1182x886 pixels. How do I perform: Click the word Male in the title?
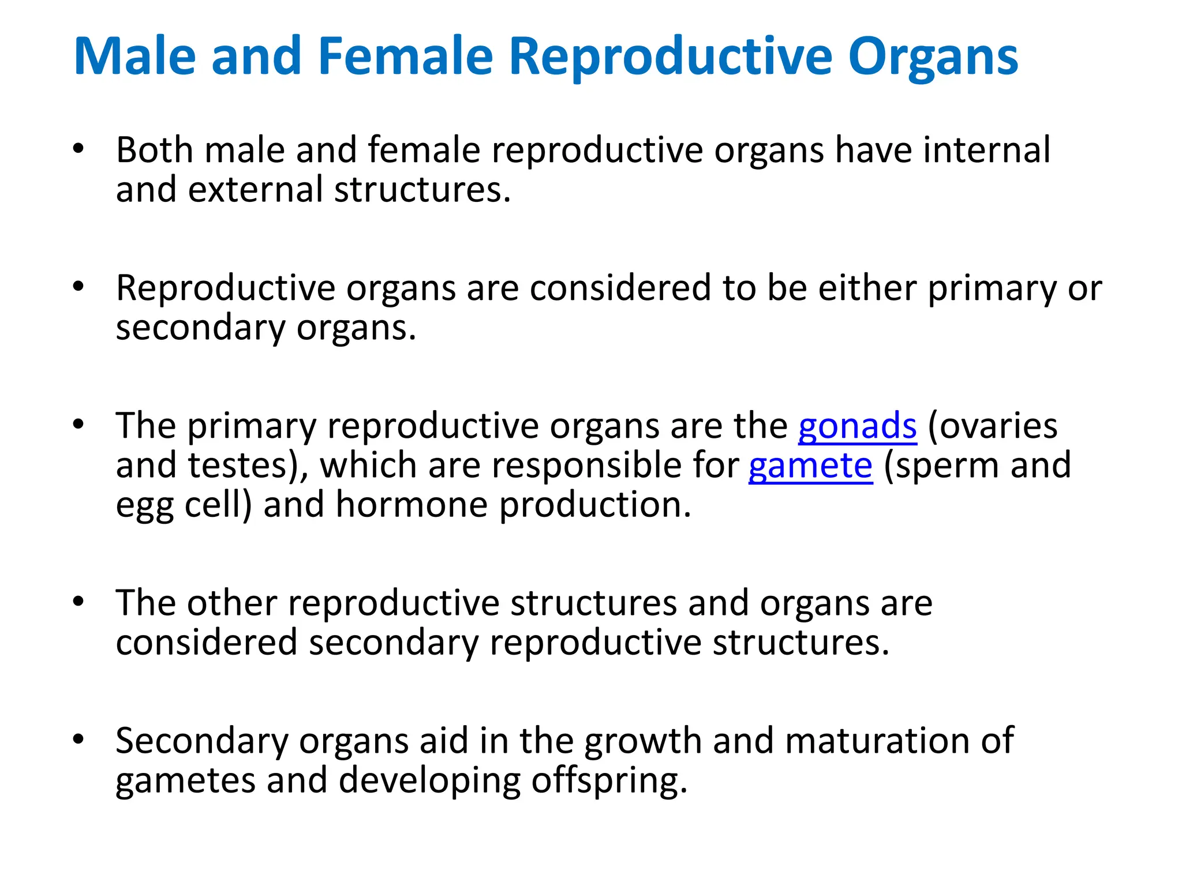point(135,57)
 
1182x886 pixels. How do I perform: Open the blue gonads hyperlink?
point(857,427)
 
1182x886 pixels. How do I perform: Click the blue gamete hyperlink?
point(810,466)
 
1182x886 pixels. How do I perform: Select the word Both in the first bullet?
point(154,150)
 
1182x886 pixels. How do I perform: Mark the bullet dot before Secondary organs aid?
point(78,739)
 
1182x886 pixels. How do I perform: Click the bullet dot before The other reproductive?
point(78,602)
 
